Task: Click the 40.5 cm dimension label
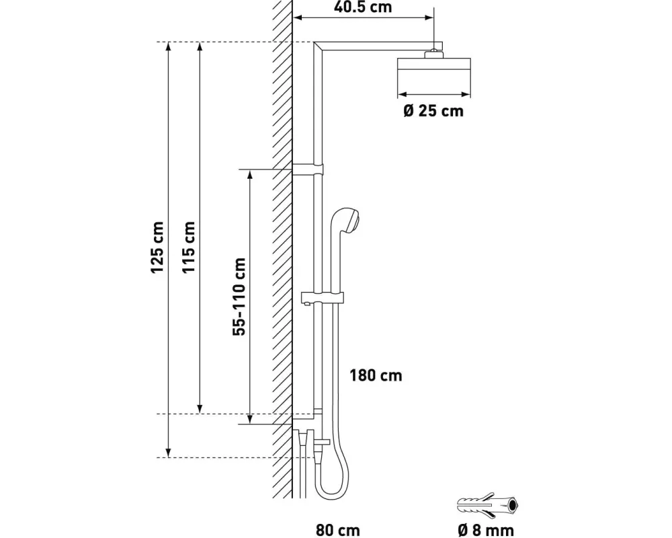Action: (x=363, y=7)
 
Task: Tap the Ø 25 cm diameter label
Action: (x=433, y=111)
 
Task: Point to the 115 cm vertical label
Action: (x=189, y=247)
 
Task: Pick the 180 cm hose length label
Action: (x=376, y=375)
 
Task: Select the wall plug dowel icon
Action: (x=489, y=505)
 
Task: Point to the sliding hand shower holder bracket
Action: (x=323, y=298)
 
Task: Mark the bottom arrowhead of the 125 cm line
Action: (x=169, y=453)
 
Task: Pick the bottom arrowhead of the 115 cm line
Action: (x=200, y=409)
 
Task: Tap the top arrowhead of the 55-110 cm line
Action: (x=250, y=174)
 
